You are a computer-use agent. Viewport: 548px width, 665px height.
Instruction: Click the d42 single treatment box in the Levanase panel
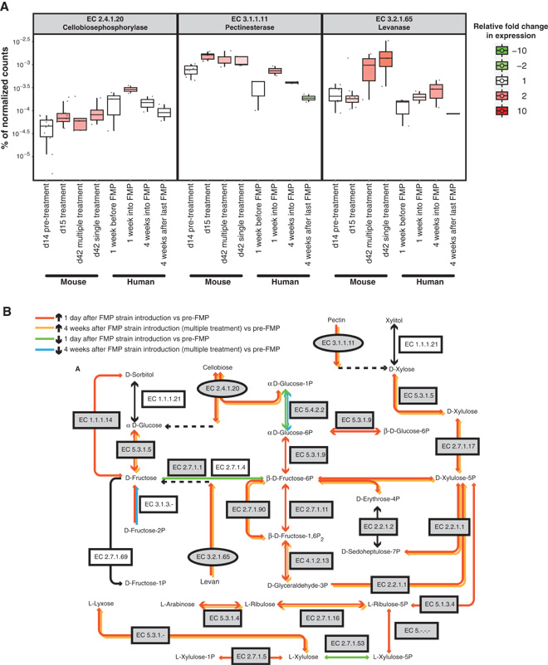385,59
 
